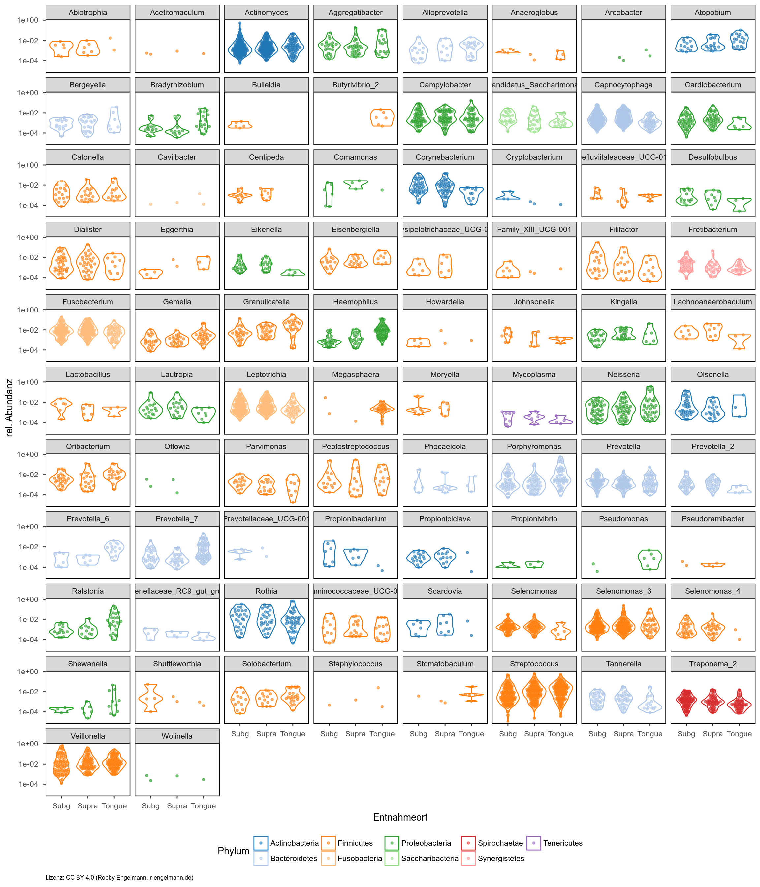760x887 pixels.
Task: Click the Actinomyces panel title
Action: [266, 13]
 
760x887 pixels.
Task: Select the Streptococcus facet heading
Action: [534, 664]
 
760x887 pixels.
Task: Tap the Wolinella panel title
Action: [177, 736]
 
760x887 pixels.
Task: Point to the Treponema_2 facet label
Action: [712, 664]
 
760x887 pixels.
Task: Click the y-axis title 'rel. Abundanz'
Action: [10, 408]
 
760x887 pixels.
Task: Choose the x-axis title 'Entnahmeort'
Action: [400, 817]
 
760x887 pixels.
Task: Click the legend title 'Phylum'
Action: [233, 851]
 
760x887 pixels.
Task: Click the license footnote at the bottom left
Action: [119, 877]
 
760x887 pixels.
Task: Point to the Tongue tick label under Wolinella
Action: [203, 806]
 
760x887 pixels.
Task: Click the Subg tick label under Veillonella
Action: [61, 806]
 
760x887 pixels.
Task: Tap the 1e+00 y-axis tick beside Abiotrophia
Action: [28, 20]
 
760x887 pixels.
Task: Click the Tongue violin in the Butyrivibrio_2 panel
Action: [382, 117]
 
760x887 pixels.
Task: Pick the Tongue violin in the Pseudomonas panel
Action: [649, 559]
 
